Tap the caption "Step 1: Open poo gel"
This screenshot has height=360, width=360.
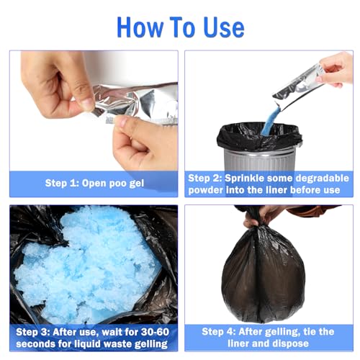pyautogui.click(x=94, y=183)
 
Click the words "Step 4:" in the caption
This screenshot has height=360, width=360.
pyautogui.click(x=220, y=332)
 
